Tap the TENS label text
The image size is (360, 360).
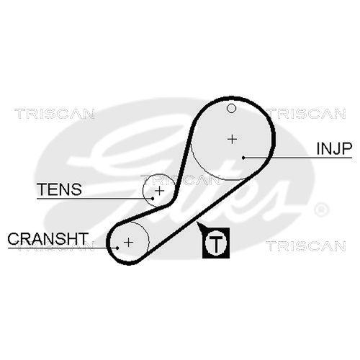[59, 189]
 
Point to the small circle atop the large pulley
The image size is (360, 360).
[231, 109]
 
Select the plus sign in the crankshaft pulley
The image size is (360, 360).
[128, 242]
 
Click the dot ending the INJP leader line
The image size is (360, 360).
[245, 157]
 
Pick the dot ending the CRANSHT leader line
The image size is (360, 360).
[116, 246]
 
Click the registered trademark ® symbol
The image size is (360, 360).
[321, 210]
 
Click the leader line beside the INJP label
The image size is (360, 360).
[281, 157]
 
